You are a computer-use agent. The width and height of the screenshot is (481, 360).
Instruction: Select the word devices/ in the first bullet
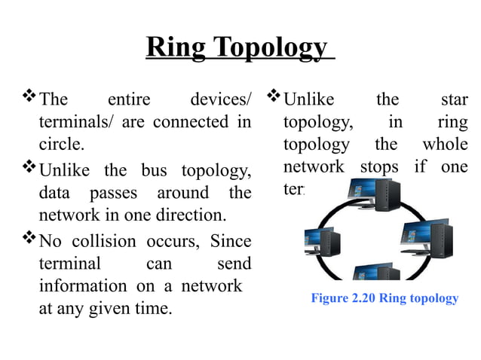click(221, 99)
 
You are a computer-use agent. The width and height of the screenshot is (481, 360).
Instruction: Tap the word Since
click(230, 242)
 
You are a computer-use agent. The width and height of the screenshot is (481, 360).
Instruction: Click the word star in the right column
click(453, 99)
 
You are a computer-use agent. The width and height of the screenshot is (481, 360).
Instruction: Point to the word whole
click(444, 144)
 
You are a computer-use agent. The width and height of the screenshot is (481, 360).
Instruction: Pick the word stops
click(379, 166)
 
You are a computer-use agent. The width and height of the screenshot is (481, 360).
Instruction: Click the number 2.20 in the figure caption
click(360, 298)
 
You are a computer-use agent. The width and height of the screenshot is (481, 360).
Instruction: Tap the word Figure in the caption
click(329, 298)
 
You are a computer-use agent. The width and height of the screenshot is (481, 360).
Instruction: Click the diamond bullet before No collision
click(29, 241)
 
